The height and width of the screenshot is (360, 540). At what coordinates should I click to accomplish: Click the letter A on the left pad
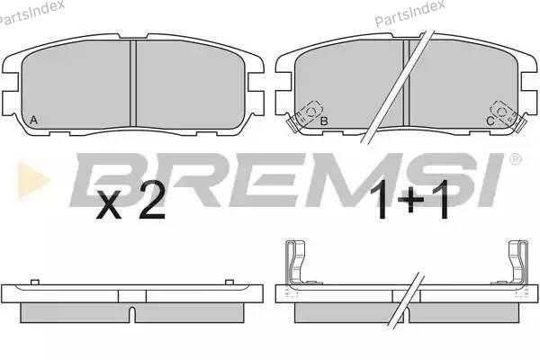click(33, 120)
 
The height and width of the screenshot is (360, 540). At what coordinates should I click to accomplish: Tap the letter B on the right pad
click(324, 121)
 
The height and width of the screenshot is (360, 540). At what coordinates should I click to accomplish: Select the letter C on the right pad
click(490, 121)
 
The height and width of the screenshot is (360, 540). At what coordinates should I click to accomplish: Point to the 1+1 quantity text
click(409, 200)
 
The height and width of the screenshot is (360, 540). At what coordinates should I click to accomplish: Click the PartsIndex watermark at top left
click(31, 13)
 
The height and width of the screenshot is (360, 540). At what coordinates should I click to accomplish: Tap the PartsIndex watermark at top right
click(409, 13)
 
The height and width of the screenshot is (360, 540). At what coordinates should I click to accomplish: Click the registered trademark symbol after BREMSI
click(515, 159)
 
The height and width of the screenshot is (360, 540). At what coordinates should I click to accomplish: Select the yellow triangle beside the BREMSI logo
click(32, 180)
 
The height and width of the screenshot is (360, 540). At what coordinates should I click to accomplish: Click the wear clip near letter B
click(305, 116)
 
